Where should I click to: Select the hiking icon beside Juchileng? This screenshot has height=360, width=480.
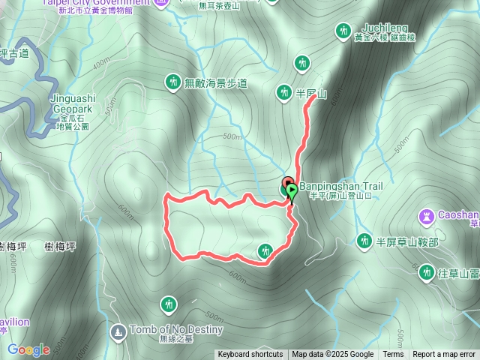coord(343,31)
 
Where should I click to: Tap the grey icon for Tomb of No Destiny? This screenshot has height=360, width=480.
coord(118,331)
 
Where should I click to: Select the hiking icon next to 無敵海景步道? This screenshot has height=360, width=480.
coord(172,82)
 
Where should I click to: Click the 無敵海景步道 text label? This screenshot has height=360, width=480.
coord(215,82)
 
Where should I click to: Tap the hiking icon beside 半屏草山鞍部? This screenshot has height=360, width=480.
coord(364,241)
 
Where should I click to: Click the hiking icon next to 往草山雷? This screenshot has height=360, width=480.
coord(427,272)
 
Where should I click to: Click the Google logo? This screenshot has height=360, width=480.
coord(28,349)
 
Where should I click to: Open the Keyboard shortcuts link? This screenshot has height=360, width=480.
coord(250,355)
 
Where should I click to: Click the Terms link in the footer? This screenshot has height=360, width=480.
coord(393,355)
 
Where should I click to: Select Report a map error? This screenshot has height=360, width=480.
coord(444,355)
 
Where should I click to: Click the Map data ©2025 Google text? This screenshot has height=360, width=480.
coord(332,355)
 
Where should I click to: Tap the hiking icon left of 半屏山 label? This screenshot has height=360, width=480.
coord(283,92)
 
